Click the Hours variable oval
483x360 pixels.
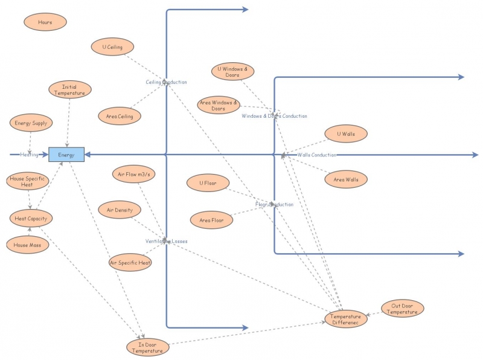tap(45, 22)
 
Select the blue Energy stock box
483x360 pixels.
tap(66, 155)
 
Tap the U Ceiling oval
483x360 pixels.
tap(113, 47)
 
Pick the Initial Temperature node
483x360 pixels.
tap(69, 90)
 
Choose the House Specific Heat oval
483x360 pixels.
tap(27, 182)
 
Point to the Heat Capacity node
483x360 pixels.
tap(31, 218)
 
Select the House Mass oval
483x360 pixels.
tap(27, 245)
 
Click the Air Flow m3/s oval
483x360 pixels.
tap(134, 175)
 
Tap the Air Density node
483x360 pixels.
tap(120, 210)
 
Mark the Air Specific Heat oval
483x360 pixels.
tap(130, 263)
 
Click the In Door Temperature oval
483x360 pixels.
tap(147, 347)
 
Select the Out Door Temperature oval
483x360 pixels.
tap(403, 309)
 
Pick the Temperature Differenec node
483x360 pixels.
tap(347, 319)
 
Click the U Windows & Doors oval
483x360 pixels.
tap(233, 72)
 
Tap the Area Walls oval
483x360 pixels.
tap(347, 179)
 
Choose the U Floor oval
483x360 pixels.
tap(207, 182)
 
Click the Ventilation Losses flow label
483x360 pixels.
tap(167, 241)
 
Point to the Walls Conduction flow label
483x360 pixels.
tap(316, 155)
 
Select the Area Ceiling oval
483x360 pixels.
tap(120, 115)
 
